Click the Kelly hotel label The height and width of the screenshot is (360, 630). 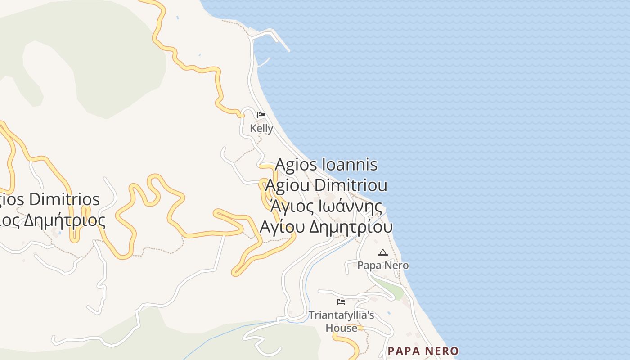tap(261, 128)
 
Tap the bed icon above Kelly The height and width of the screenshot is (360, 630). tap(261, 115)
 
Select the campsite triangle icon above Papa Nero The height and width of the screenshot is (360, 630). tap(383, 252)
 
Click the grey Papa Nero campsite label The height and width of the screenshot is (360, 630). tap(383, 265)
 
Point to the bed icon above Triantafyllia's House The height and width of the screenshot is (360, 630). tap(341, 301)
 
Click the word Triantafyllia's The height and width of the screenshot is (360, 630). tap(341, 315)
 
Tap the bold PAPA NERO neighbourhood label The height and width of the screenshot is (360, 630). tap(423, 351)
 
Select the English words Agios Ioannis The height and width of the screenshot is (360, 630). tap(326, 165)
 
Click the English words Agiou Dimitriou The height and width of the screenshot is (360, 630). tap(326, 185)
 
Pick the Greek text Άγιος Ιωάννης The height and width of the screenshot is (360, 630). tap(326, 207)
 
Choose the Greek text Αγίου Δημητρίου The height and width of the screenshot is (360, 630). tap(326, 227)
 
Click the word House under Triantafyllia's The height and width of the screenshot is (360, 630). tap(341, 328)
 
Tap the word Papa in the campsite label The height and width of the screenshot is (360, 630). tap(368, 265)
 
